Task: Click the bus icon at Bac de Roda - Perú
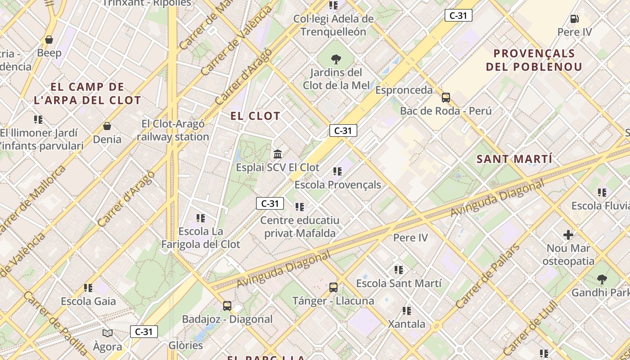coord(446,97)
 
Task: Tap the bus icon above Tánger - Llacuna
coord(333,287)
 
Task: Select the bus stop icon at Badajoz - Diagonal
coord(227,306)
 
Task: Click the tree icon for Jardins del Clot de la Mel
coord(335,58)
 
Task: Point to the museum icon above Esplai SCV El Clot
coord(278,154)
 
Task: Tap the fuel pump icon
coord(574,19)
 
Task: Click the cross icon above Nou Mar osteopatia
coord(568,234)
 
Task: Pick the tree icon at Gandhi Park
coord(602,279)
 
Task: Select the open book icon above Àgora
coord(108,333)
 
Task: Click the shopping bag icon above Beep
coord(49,40)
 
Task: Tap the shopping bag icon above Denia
coord(107,126)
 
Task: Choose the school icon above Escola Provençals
coord(337,171)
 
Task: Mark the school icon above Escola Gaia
coord(88,288)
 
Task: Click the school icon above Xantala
coord(407,310)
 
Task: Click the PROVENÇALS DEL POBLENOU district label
coord(534,60)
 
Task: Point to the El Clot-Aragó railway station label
coord(173,130)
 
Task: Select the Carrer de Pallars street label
coord(487,276)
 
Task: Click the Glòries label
coord(186,345)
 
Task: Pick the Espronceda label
coord(404,90)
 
